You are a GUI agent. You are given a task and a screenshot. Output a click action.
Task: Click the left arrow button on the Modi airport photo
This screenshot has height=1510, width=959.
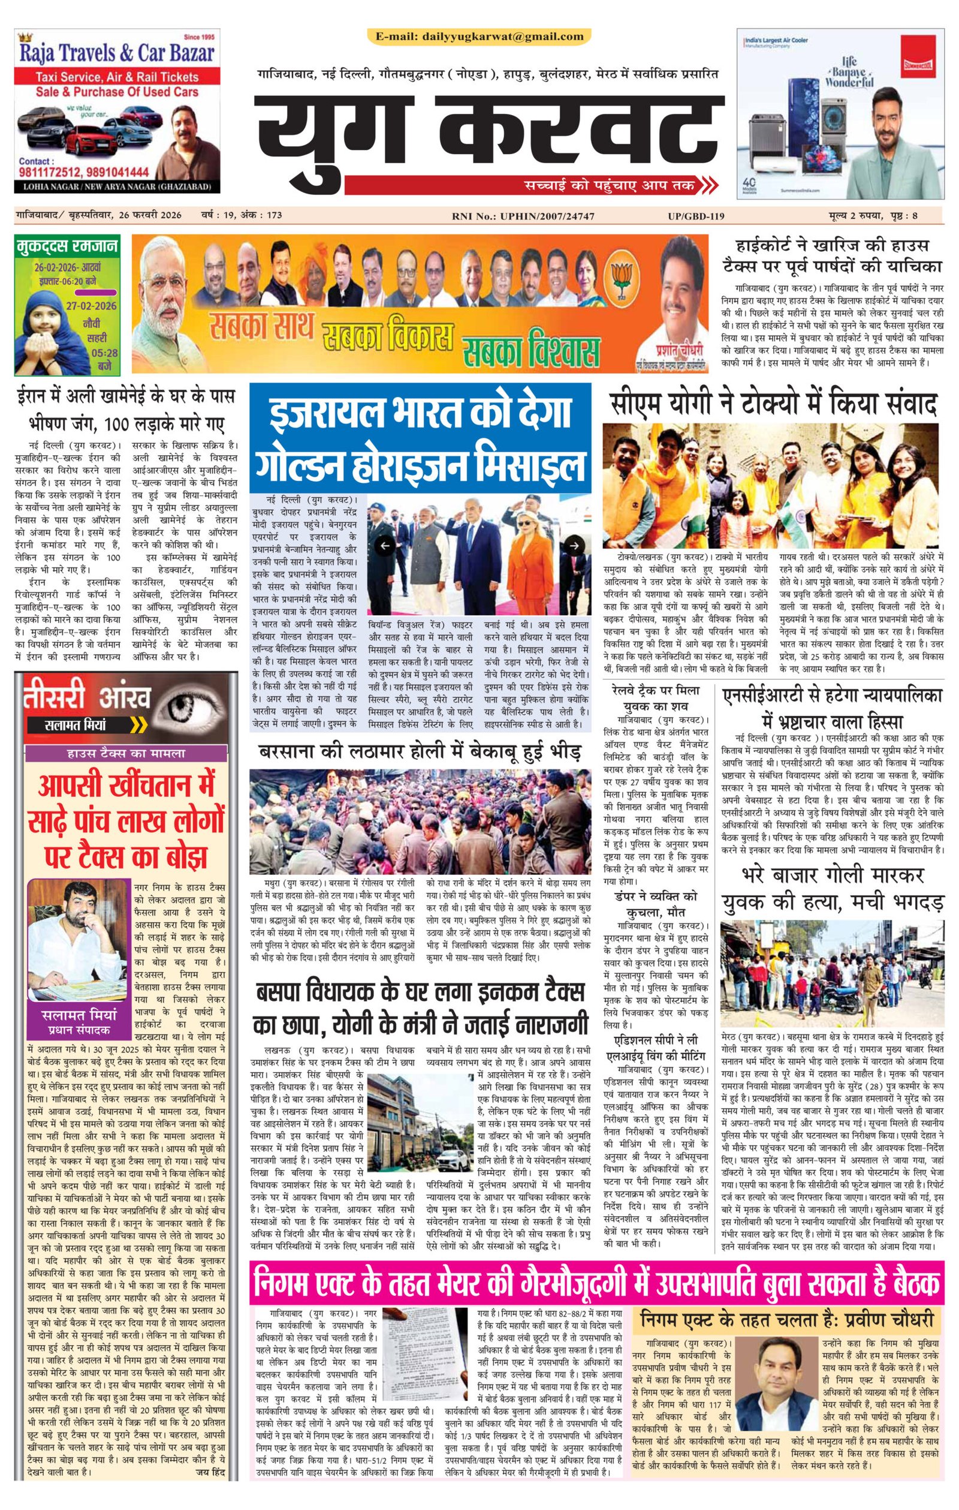pyautogui.click(x=385, y=546)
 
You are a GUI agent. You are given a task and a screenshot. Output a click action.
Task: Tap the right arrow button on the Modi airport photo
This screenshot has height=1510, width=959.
pyautogui.click(x=574, y=546)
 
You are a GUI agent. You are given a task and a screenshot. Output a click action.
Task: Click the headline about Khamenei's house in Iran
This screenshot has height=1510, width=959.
pyautogui.click(x=126, y=408)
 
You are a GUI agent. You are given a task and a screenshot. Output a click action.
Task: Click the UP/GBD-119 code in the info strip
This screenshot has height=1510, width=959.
pyautogui.click(x=696, y=216)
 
